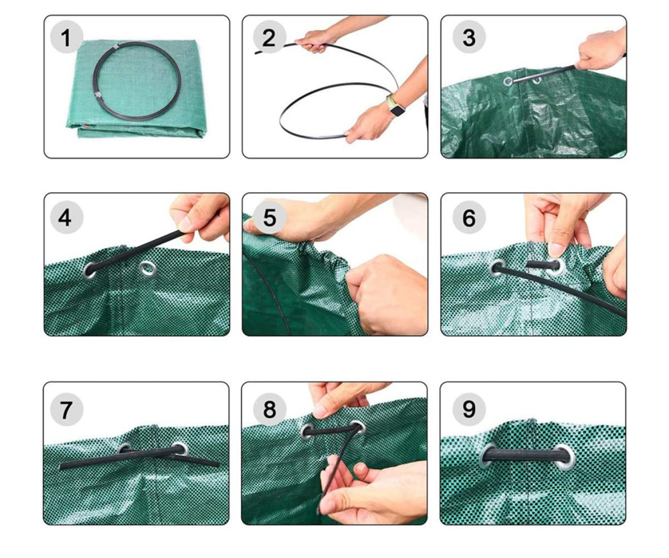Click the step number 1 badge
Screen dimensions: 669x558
[66, 37]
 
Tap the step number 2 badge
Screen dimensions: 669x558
[269, 37]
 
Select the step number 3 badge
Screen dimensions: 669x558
[468, 37]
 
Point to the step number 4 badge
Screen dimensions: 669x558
[66, 217]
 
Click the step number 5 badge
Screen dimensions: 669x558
[269, 217]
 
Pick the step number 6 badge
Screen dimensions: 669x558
[468, 217]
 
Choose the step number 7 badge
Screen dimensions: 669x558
[66, 409]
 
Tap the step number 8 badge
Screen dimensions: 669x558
[269, 409]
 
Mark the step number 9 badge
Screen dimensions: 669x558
[468, 409]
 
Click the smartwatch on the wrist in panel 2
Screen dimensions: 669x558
[396, 106]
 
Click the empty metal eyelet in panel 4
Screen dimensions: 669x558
[147, 269]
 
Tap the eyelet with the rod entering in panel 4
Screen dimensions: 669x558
[90, 270]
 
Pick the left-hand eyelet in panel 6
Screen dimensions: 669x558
[497, 268]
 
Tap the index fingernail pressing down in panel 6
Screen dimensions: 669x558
[556, 250]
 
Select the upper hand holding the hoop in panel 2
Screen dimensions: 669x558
[316, 41]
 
